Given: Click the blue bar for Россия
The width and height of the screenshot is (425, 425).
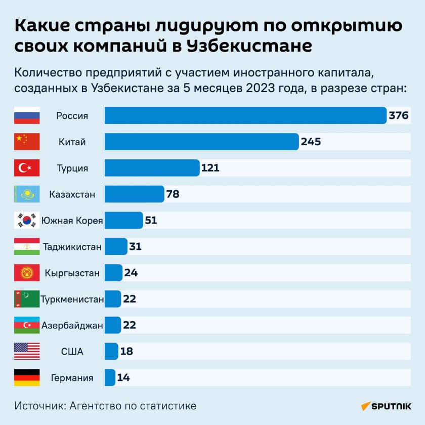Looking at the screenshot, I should [x=245, y=115].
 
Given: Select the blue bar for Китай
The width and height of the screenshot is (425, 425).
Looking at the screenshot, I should [x=201, y=142].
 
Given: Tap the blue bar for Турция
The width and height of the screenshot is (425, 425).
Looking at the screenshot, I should [x=152, y=168].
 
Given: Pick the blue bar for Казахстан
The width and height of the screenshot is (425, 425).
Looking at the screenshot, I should [x=134, y=194].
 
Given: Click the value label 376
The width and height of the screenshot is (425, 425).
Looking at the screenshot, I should [x=399, y=115].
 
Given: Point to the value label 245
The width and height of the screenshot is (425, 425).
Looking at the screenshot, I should [x=311, y=142].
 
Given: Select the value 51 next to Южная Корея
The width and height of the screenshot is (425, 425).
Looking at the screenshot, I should [x=151, y=220].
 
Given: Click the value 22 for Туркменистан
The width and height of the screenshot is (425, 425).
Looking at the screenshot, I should [x=130, y=299].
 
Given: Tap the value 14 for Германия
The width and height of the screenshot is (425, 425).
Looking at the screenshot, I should [x=123, y=377].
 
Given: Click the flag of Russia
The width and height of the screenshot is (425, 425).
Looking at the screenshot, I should [x=27, y=115].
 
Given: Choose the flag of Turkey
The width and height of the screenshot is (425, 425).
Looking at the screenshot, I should [x=27, y=168].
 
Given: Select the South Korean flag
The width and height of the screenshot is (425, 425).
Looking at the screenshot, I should [x=27, y=220].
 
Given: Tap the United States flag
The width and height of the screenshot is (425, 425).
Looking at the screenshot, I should [x=27, y=351].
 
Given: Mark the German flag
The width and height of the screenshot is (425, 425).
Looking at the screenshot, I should [x=27, y=377].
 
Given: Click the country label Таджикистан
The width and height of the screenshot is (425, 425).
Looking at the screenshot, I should [x=72, y=247].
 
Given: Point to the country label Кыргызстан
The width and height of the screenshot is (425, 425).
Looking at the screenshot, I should [x=72, y=273].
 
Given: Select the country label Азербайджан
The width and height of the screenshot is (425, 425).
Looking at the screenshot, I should [x=72, y=325].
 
